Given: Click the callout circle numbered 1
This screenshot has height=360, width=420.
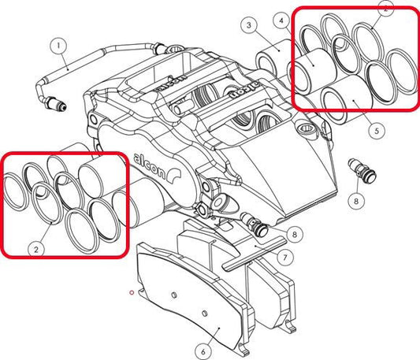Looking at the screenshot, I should (58, 46).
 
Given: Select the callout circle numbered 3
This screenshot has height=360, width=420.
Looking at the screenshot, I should (248, 26).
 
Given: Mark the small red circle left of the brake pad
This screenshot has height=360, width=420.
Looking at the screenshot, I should (132, 292).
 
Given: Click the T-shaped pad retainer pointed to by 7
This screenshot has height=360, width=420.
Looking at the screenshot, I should (249, 256).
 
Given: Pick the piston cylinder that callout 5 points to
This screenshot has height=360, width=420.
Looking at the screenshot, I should (344, 106).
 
